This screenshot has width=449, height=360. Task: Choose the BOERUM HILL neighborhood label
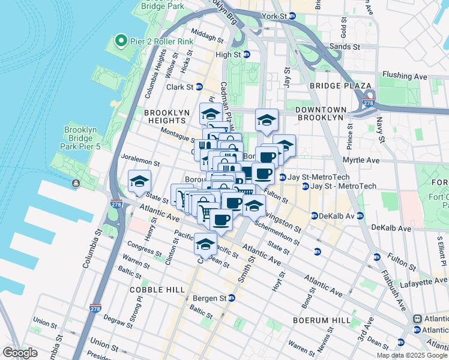317,320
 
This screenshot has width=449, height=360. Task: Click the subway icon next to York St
293,16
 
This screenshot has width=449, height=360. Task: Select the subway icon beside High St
246,54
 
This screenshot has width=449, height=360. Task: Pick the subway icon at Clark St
199,86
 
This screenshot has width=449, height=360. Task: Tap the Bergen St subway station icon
231,298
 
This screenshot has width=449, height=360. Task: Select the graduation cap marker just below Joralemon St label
139,181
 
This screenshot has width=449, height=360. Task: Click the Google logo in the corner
20,352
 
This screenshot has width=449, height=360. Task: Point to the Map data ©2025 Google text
412,355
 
